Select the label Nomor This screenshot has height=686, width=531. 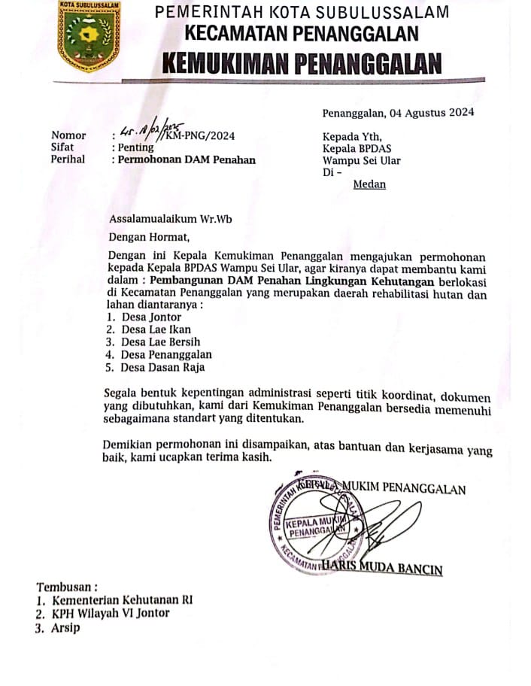click(68, 135)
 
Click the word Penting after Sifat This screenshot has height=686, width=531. click(135, 147)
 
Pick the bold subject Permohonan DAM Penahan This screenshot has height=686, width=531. click(187, 159)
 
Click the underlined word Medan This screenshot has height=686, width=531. click(369, 184)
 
